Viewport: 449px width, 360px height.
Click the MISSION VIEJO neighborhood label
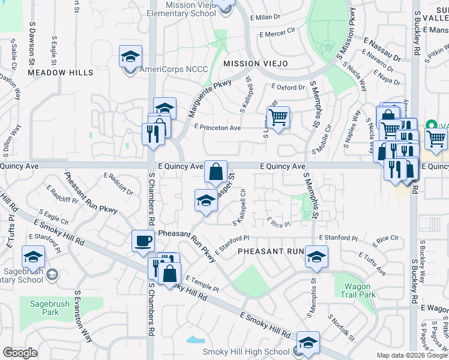(x=256, y=64)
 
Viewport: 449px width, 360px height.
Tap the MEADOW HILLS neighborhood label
(x=61, y=73)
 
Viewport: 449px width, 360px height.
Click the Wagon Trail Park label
(x=359, y=290)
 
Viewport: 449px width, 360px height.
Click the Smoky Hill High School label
(x=246, y=352)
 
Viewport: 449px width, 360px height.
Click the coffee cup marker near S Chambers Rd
(x=143, y=241)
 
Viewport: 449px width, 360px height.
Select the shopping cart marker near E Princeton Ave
(x=278, y=117)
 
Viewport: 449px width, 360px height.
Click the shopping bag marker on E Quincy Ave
(x=215, y=172)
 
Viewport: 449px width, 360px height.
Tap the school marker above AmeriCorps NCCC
(x=130, y=56)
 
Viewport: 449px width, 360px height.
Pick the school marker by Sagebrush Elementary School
(x=34, y=257)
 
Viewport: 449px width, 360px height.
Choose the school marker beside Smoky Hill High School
(x=308, y=343)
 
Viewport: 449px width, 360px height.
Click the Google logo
(x=20, y=353)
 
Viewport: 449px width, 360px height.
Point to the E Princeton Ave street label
(x=217, y=128)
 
